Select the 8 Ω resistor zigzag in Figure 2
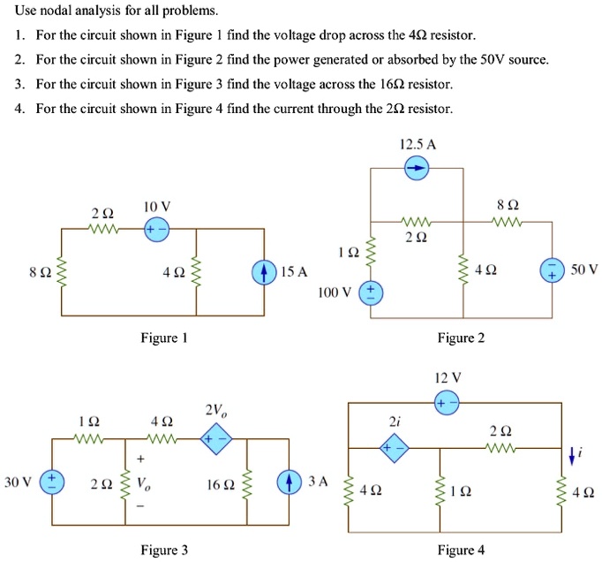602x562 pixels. coord(509,222)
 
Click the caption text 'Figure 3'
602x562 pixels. coord(164,551)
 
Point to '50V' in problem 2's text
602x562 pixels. coord(485,60)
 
